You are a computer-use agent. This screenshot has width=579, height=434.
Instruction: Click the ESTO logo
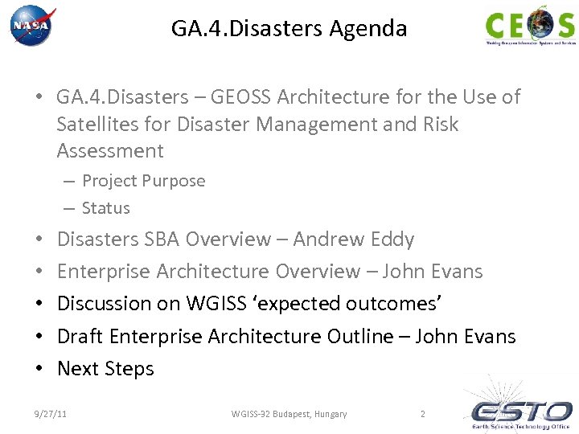(x=520, y=411)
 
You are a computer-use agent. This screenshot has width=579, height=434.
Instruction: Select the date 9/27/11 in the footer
(x=50, y=414)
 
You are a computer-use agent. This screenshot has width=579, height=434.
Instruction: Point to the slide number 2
(x=422, y=414)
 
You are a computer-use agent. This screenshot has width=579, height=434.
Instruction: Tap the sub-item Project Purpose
(x=143, y=181)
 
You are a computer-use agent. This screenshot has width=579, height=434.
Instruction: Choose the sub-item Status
(x=106, y=207)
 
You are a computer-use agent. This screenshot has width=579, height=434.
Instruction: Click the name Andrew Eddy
(x=354, y=240)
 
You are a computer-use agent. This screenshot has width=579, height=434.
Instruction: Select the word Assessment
(x=110, y=150)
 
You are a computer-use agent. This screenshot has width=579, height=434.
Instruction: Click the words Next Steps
(x=105, y=368)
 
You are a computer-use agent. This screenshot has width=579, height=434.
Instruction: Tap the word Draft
(x=80, y=336)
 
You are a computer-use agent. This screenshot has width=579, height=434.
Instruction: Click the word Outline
(x=360, y=336)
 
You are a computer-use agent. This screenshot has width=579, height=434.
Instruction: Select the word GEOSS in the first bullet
(x=241, y=97)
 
